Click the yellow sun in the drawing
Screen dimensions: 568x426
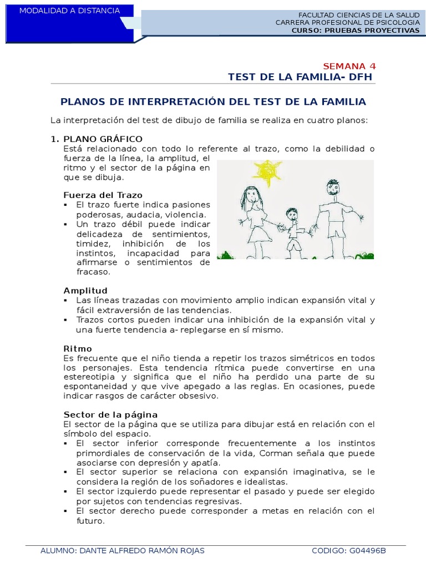pos(267,173)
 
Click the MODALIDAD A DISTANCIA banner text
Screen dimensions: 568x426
pos(69,11)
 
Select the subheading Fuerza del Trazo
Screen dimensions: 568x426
pos(103,195)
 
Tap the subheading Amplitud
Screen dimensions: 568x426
pos(85,291)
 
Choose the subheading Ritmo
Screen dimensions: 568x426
pos(77,348)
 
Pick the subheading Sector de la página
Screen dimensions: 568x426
pos(110,415)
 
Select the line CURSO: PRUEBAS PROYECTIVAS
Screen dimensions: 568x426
pos(356,31)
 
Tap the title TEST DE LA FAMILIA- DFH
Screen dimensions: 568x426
pos(300,77)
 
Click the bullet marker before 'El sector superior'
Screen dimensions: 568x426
pos(66,472)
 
